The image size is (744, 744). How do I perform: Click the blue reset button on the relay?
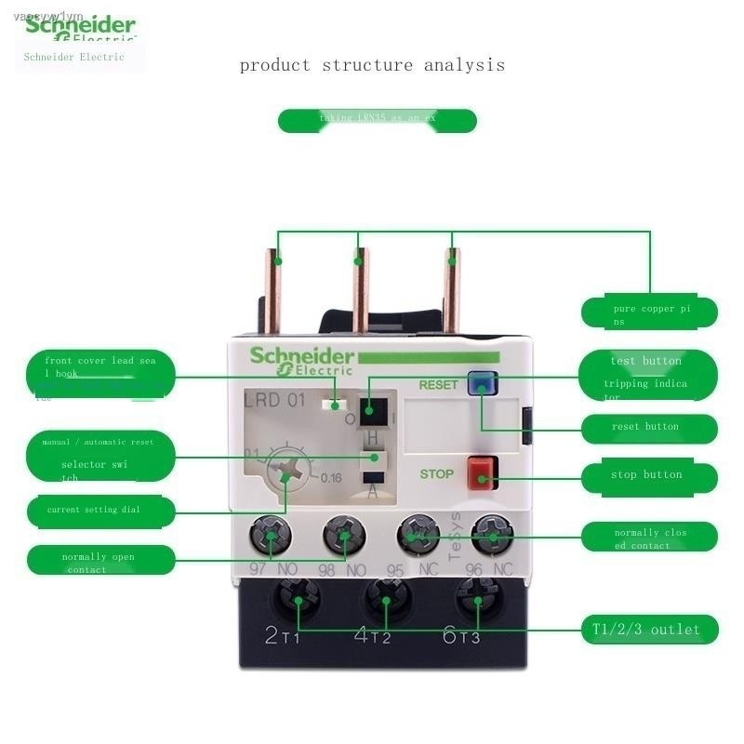480,383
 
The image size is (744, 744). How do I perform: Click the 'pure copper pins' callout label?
650,313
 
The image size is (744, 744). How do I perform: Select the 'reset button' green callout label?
650,428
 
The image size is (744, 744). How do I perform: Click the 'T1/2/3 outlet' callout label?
650,631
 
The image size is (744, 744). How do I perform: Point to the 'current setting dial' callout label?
100,511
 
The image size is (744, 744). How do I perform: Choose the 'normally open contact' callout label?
100,562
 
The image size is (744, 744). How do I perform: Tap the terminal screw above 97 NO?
271,537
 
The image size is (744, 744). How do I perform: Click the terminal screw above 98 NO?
344,537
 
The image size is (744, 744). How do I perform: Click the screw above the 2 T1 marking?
298,595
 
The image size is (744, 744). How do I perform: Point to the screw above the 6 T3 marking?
477,595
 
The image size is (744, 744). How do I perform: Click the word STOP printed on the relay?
436,474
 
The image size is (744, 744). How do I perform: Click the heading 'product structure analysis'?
372,65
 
